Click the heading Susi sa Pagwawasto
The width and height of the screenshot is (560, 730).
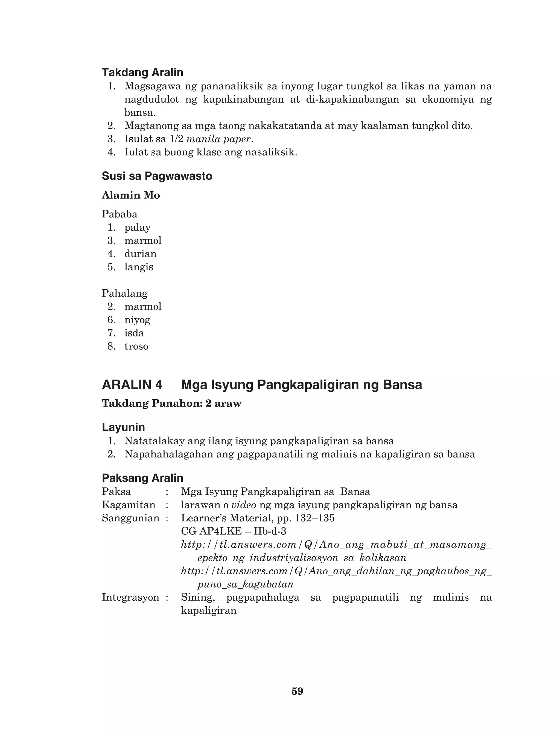click(157, 176)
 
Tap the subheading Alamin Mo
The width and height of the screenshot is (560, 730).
click(131, 195)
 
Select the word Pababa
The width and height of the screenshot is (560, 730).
click(119, 214)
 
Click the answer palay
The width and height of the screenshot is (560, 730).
click(137, 228)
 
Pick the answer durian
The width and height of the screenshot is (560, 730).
click(140, 254)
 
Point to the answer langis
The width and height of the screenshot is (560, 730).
click(139, 267)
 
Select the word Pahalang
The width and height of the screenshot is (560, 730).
click(124, 293)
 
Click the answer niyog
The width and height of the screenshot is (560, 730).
click(137, 320)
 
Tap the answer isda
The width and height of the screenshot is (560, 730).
click(134, 333)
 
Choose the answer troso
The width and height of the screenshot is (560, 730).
click(136, 346)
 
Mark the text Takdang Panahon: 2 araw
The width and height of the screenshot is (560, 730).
click(171, 403)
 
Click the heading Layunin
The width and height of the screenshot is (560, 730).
click(123, 427)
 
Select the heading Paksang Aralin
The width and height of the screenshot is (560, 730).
click(142, 478)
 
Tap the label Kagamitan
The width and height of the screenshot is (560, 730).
click(128, 505)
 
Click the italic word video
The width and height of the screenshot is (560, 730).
click(243, 505)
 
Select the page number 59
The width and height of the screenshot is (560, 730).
click(297, 691)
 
